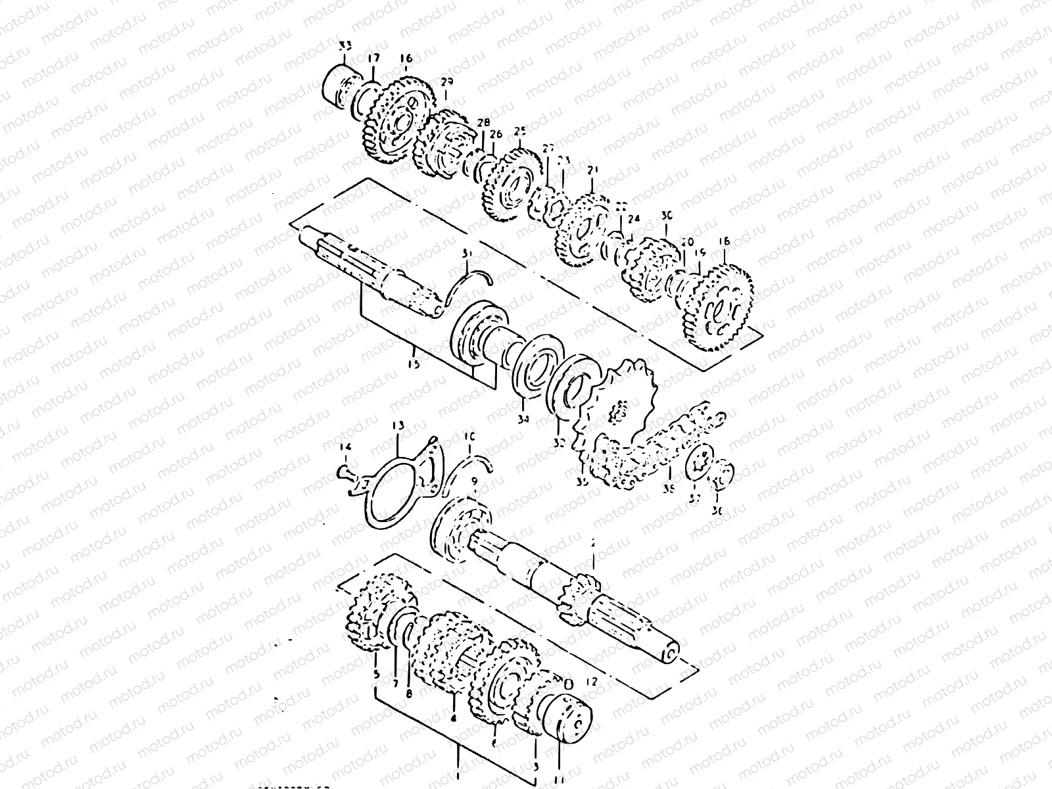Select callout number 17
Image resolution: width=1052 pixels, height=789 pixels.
(373, 59)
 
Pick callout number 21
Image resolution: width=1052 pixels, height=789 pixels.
(593, 170)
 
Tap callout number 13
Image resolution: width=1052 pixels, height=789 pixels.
(398, 427)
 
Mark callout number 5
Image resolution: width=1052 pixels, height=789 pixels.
(376, 675)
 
